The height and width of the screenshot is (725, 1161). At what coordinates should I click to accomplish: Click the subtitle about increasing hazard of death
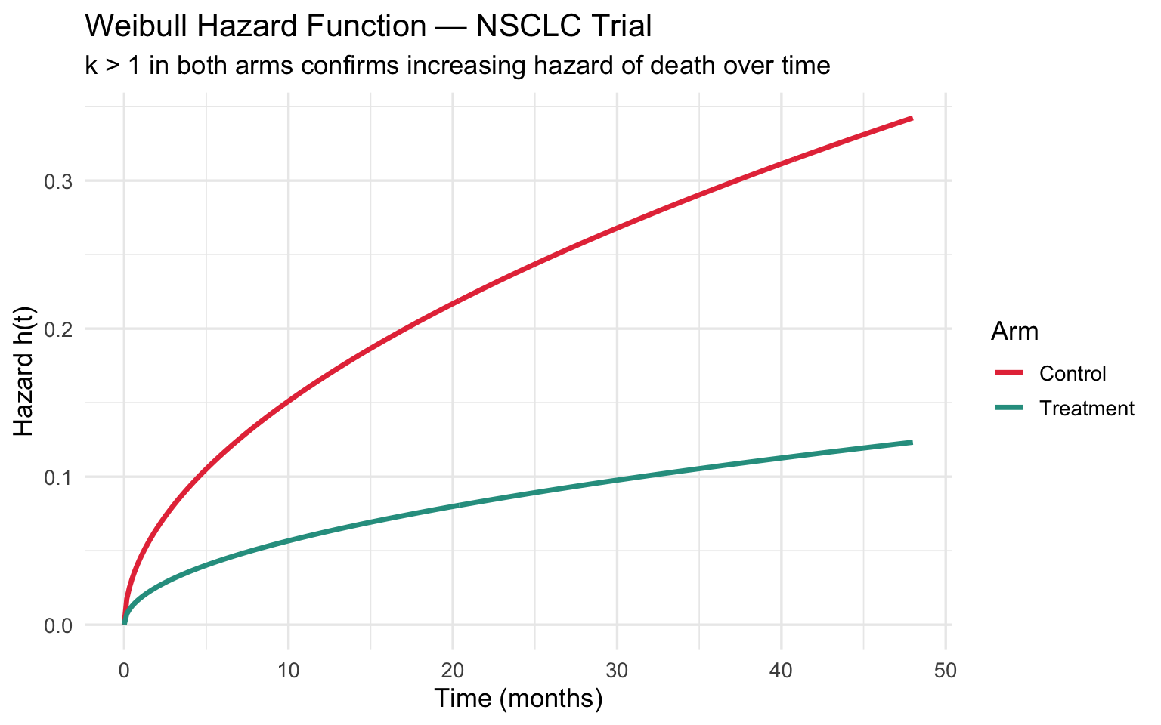click(x=457, y=66)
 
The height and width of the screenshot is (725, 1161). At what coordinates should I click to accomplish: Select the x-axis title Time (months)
click(x=518, y=699)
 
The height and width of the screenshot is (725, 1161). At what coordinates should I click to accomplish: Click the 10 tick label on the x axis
click(x=288, y=670)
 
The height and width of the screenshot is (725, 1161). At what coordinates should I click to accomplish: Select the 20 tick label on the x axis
click(x=453, y=670)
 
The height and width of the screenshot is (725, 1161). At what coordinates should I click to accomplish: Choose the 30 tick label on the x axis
click(x=617, y=670)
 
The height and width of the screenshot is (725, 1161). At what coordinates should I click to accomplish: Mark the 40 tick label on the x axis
click(x=782, y=670)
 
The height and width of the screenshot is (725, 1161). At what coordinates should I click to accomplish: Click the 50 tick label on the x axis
click(x=946, y=670)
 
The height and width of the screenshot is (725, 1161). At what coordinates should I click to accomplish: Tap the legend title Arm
click(x=1014, y=332)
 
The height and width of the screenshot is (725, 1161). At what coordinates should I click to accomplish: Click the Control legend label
click(x=1073, y=374)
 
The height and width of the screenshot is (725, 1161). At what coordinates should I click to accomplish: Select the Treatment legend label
click(x=1087, y=409)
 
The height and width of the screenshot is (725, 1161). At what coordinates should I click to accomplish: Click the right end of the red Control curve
click(x=912, y=119)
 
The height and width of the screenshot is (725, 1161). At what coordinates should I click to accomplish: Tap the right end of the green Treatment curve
click(x=912, y=443)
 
